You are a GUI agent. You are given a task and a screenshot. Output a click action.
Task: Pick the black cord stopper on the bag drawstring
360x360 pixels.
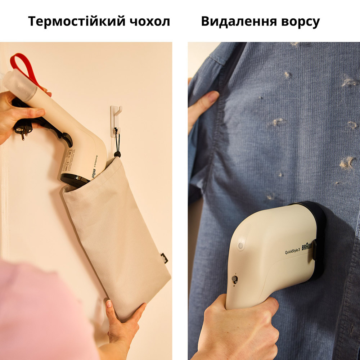click(x=117, y=154)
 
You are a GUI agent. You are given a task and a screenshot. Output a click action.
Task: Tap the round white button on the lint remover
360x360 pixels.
click(x=240, y=246)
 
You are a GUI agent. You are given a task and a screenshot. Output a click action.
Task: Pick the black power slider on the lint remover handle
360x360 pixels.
click(x=234, y=279)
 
